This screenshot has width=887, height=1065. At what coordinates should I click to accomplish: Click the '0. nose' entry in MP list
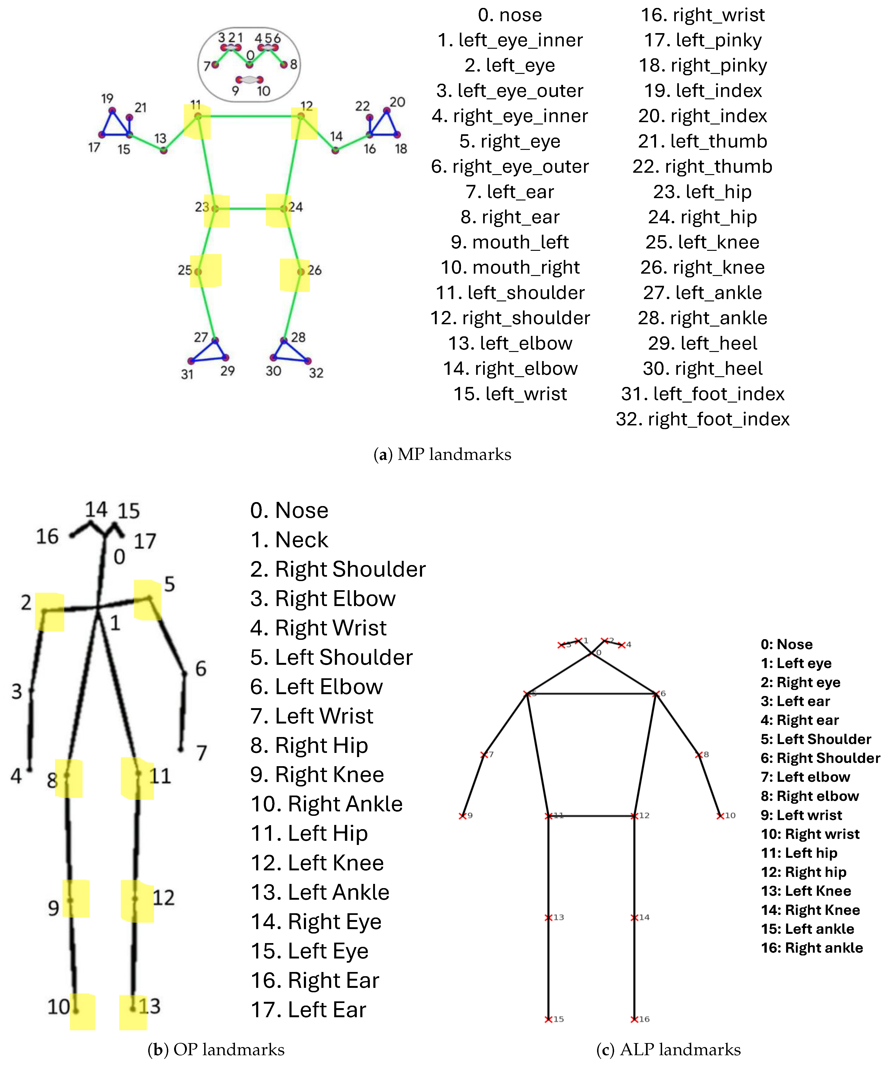pyautogui.click(x=510, y=15)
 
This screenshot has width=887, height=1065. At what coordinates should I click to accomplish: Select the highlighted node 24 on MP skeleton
pyautogui.click(x=284, y=208)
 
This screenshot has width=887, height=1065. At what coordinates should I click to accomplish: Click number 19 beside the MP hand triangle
pyautogui.click(x=107, y=98)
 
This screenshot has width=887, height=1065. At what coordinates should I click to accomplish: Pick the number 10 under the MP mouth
pyautogui.click(x=263, y=91)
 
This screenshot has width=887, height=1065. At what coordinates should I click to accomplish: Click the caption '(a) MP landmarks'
pyautogui.click(x=442, y=454)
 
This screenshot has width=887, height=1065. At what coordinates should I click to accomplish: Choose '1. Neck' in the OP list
pyautogui.click(x=289, y=540)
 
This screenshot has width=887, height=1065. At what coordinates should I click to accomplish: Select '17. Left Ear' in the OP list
pyautogui.click(x=308, y=1010)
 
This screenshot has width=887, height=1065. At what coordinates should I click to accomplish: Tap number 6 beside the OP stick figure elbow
pyautogui.click(x=201, y=669)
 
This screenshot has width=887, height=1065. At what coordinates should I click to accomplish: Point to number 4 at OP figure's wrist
pyautogui.click(x=16, y=776)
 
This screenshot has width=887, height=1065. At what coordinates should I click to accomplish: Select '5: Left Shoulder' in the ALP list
pyautogui.click(x=815, y=739)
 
